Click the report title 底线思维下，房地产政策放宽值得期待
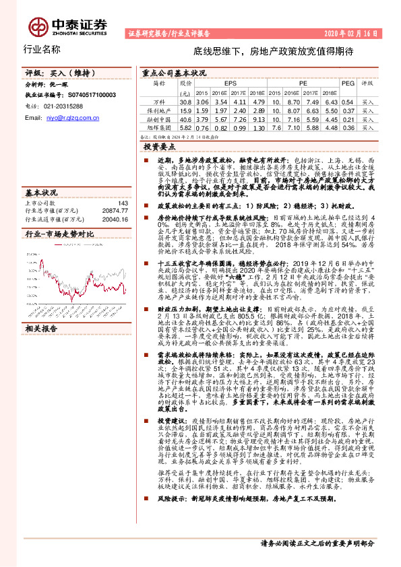click(x=264, y=51)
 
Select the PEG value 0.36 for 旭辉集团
click(x=348, y=127)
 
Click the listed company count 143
click(x=122, y=203)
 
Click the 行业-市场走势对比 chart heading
click(x=59, y=234)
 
